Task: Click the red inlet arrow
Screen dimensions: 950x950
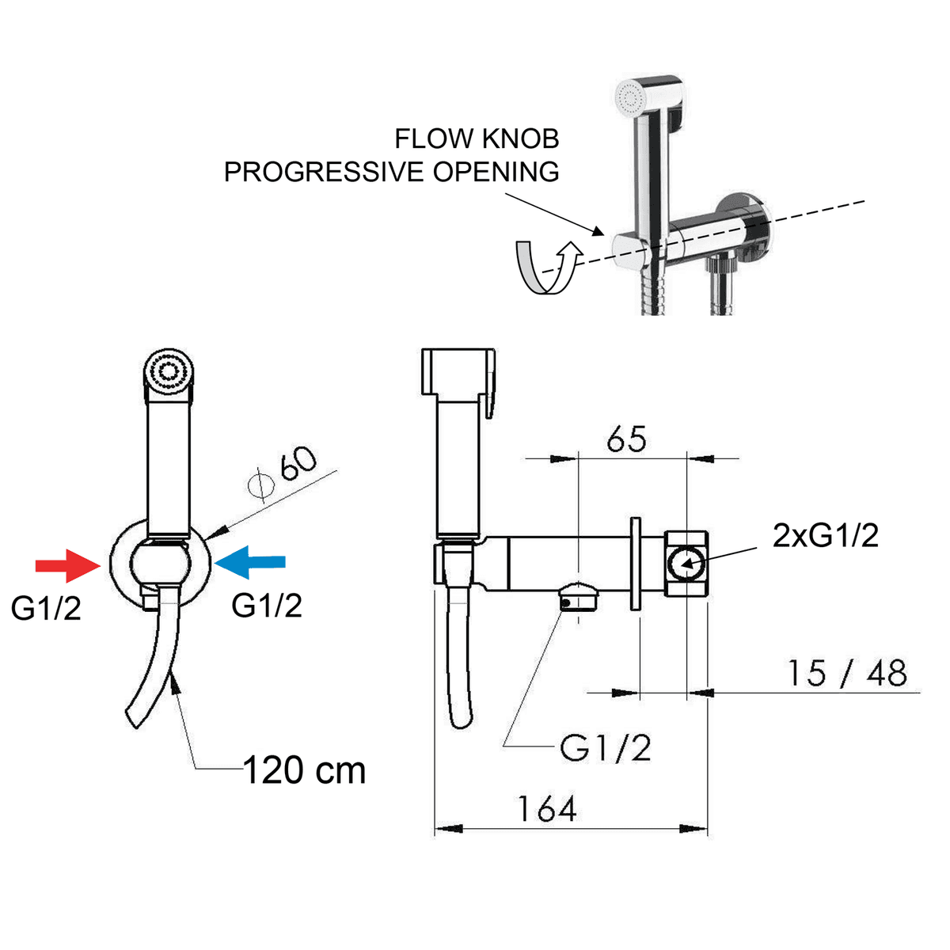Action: pos(66,564)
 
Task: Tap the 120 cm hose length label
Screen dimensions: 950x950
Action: pos(305,770)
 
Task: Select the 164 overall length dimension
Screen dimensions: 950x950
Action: pos(547,809)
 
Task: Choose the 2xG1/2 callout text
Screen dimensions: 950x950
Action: pos(826,536)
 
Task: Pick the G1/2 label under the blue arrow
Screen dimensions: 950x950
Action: pos(267,606)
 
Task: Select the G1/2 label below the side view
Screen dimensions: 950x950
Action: pos(606,748)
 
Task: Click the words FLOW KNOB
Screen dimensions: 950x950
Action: pos(477,139)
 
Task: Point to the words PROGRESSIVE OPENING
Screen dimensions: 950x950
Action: pos(391,172)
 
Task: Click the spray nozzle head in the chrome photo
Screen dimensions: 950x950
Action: pos(631,99)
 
